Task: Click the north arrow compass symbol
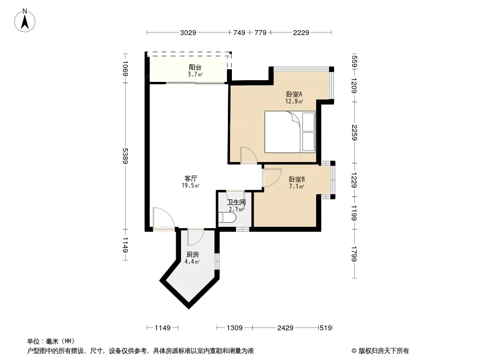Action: (25, 21)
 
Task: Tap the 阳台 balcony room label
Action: (195, 67)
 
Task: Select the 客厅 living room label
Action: (191, 178)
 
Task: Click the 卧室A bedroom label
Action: (294, 94)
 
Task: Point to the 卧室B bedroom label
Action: (297, 179)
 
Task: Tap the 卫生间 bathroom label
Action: (236, 202)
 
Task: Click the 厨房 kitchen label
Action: (193, 255)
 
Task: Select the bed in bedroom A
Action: (290, 131)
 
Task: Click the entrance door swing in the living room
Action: (163, 218)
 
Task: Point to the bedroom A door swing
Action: (248, 155)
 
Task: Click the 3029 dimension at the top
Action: (188, 32)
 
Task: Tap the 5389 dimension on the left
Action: (125, 156)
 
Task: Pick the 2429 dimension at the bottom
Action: (285, 328)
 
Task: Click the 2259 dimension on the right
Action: (354, 132)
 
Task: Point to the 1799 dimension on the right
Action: (354, 254)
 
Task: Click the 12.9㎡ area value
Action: (294, 101)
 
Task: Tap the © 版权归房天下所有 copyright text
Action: (380, 351)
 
